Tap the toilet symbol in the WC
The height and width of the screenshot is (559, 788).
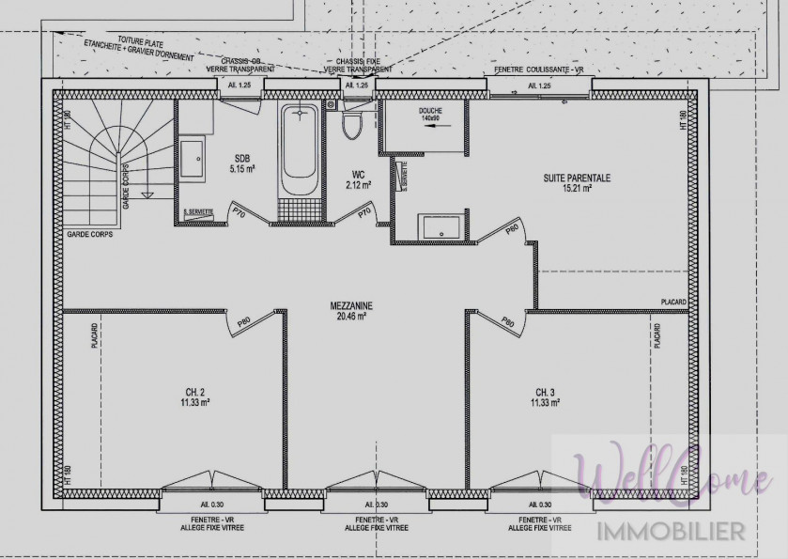tap(352, 123)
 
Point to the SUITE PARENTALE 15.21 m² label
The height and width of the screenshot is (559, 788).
tap(577, 182)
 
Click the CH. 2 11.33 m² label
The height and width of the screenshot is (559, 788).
tap(194, 396)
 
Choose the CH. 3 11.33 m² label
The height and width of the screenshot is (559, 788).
tap(546, 396)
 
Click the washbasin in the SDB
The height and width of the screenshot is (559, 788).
tap(194, 158)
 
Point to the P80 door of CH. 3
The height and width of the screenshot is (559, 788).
tap(508, 322)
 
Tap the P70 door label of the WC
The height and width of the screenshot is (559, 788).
tap(365, 213)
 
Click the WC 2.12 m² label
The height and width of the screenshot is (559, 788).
tap(357, 179)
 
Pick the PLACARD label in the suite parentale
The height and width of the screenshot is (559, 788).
tap(672, 303)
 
